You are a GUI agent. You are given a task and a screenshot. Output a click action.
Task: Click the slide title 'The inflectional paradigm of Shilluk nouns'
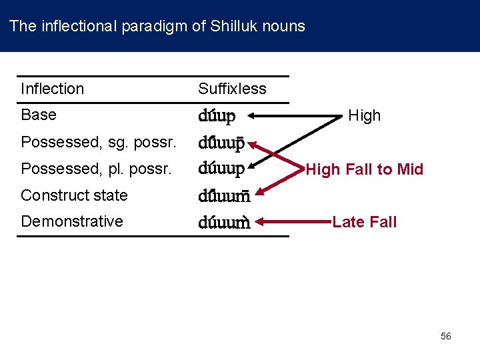pyautogui.click(x=157, y=27)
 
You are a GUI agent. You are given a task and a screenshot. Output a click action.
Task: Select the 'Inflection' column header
pyautogui.click(x=52, y=89)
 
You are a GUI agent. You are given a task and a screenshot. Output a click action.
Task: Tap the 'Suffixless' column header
pyautogui.click(x=232, y=89)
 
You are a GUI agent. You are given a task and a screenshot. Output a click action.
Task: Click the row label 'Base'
pyautogui.click(x=39, y=115)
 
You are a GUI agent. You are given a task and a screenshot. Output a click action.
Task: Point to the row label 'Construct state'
pyautogui.click(x=74, y=195)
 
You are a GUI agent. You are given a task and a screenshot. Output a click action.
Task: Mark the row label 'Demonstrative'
pyautogui.click(x=72, y=221)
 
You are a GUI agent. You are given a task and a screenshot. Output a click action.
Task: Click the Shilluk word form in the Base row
pyautogui.click(x=217, y=117)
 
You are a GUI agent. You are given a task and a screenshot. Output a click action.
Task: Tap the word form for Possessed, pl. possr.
pyautogui.click(x=221, y=169)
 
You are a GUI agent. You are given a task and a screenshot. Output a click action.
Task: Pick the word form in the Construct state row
pyautogui.click(x=223, y=197)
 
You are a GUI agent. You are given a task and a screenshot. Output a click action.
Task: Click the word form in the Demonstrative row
pyautogui.click(x=223, y=223)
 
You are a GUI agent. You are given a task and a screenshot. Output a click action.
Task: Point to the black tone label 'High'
pyautogui.click(x=364, y=115)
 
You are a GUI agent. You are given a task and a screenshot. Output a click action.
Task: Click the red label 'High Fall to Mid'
pyautogui.click(x=365, y=169)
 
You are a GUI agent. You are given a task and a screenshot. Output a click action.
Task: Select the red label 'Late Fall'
pyautogui.click(x=364, y=222)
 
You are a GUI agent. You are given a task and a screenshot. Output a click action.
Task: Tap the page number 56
pyautogui.click(x=446, y=336)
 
